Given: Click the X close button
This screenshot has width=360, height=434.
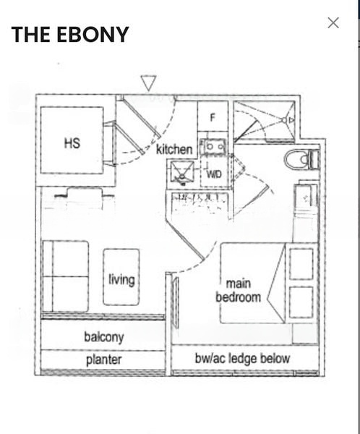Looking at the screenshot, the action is [x=333, y=23].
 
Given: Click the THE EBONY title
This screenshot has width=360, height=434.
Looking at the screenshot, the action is [x=70, y=34].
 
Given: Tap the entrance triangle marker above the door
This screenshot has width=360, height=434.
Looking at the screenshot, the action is [x=149, y=83].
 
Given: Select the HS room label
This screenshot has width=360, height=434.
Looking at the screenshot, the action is [x=72, y=143].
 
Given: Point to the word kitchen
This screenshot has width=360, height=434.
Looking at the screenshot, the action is [x=174, y=150].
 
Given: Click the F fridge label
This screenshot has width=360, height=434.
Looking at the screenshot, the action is [x=213, y=118].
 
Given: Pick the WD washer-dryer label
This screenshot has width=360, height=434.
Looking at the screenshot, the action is [x=214, y=174].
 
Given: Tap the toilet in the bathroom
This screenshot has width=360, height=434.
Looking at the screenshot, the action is [x=302, y=159].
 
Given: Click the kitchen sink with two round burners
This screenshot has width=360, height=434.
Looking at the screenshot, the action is [x=213, y=146].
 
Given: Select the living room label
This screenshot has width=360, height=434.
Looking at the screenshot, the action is [x=121, y=279].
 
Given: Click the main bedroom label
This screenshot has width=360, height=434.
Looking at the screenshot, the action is [x=239, y=291].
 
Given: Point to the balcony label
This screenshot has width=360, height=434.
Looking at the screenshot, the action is [x=104, y=337].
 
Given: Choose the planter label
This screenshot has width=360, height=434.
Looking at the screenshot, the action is [x=104, y=359].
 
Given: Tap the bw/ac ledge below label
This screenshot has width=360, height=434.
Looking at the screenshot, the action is [x=242, y=358].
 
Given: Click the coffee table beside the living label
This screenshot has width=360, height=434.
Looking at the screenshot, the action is [x=121, y=277].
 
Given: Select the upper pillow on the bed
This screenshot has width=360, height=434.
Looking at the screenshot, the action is [x=301, y=264].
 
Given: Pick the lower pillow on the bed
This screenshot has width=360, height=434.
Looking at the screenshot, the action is [x=301, y=302].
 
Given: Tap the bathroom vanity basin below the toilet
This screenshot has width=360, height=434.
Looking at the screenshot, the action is [x=306, y=197].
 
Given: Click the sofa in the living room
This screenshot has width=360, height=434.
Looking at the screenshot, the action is [x=66, y=276].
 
